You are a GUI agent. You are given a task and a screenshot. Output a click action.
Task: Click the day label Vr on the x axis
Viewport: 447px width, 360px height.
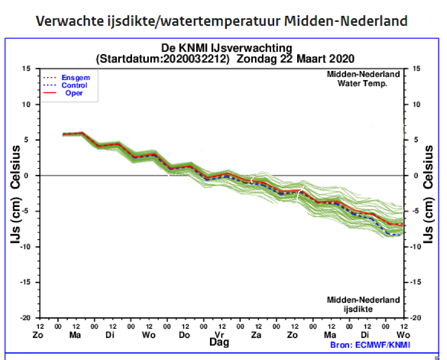coord(219,335)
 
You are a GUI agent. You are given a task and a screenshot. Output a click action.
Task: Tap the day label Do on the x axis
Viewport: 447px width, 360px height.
coord(185,335)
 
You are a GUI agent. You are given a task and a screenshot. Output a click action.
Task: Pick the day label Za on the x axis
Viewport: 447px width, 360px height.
coord(257,335)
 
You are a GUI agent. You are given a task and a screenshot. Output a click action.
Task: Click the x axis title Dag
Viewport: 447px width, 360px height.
coord(220,342)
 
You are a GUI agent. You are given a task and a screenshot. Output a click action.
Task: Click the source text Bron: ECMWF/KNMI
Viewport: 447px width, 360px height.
coord(370,345)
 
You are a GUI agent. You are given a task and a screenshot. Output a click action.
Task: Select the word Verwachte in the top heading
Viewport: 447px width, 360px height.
coord(63,21)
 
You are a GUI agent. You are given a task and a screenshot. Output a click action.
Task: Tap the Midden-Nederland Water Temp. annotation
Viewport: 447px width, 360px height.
coord(363,79)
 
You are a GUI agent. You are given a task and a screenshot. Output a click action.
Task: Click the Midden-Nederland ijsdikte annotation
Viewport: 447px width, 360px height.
coord(363,304)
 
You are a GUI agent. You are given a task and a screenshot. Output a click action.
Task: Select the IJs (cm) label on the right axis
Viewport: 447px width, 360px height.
coord(429,220)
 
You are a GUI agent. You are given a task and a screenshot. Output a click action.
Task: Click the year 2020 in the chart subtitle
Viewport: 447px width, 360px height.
coord(342,58)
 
